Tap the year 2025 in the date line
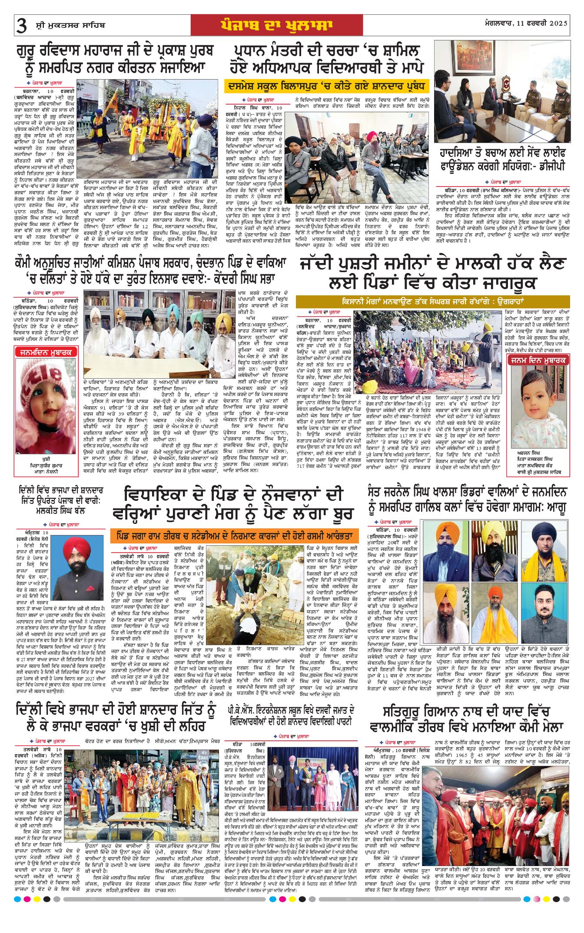coord(558,23)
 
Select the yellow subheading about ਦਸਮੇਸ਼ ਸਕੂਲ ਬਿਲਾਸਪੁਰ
coord(321,86)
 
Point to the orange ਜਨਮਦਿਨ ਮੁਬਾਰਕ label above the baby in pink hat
coord(46,352)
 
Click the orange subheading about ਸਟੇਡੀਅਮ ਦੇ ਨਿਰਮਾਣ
coord(234,536)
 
